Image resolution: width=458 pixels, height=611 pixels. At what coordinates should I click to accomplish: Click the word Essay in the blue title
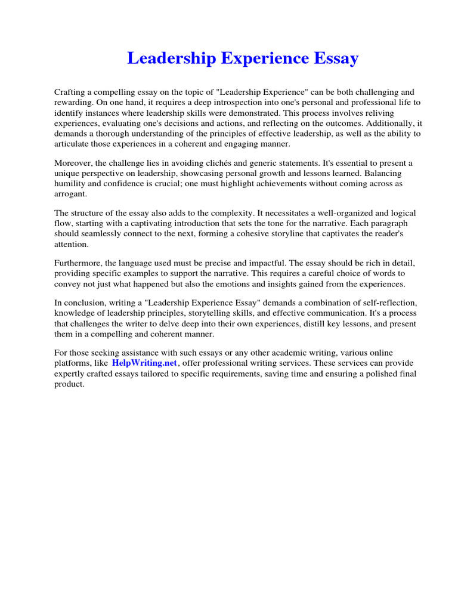tap(332, 58)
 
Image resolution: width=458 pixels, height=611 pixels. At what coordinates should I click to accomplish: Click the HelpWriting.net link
tap(144, 363)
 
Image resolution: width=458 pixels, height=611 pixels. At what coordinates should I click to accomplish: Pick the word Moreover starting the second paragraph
tap(73, 163)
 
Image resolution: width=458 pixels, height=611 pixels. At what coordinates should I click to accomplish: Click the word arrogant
tap(70, 193)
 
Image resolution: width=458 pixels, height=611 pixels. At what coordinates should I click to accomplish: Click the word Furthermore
tap(78, 263)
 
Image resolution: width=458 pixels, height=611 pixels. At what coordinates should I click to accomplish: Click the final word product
tap(69, 384)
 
